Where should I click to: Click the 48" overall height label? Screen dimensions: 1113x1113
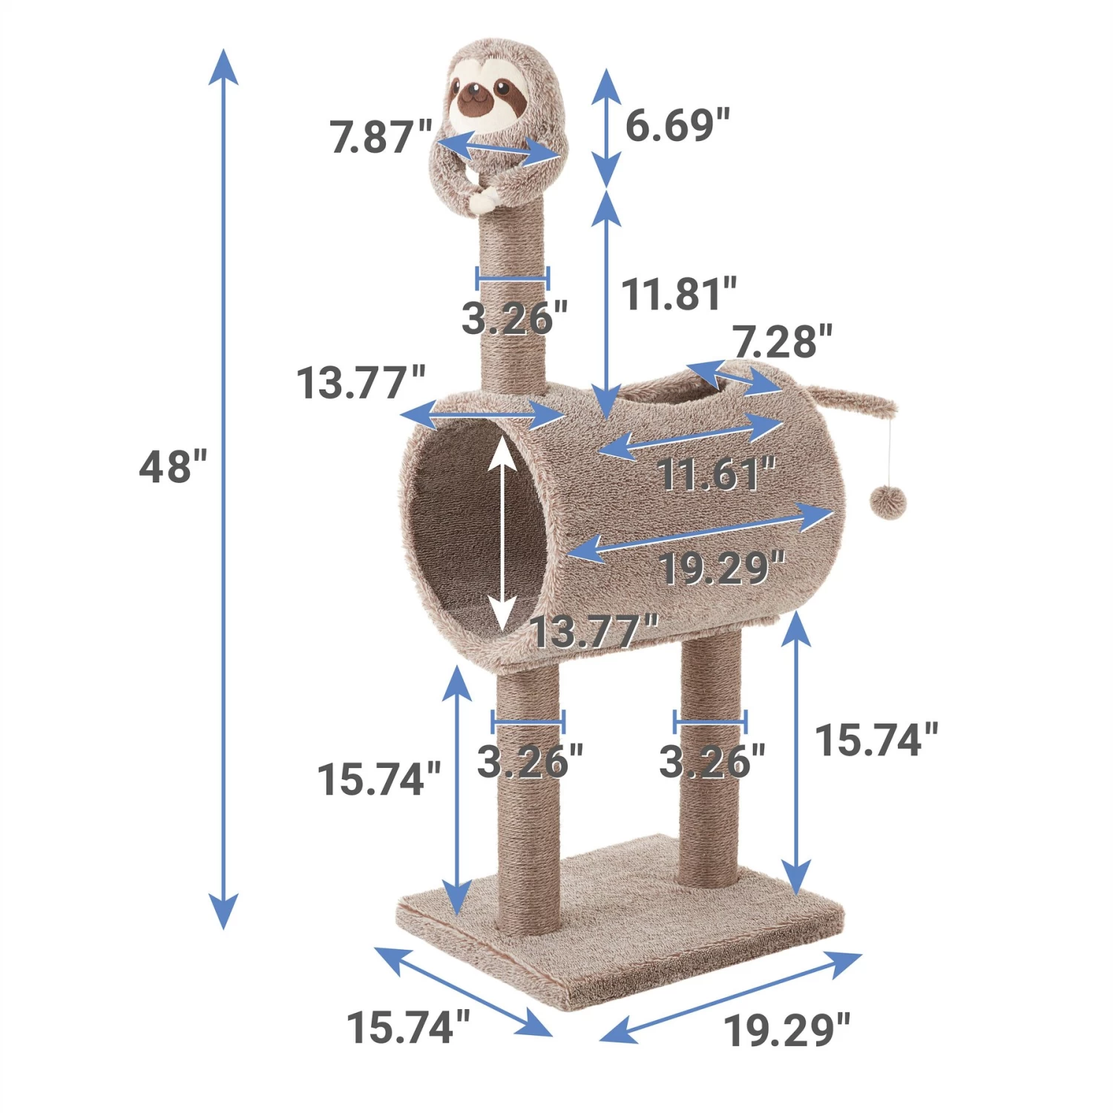pyautogui.click(x=173, y=467)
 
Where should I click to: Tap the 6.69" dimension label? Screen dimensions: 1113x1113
pyautogui.click(x=677, y=124)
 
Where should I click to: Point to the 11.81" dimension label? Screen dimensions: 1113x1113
pyautogui.click(x=679, y=294)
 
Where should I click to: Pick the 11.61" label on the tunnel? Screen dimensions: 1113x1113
pyautogui.click(x=716, y=473)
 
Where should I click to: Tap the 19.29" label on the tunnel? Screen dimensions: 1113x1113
pyautogui.click(x=721, y=568)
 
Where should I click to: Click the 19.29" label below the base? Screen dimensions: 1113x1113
pyautogui.click(x=787, y=1030)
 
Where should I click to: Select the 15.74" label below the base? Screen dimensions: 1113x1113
pyautogui.click(x=408, y=1027)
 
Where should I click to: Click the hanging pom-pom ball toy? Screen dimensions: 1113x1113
pyautogui.click(x=888, y=503)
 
